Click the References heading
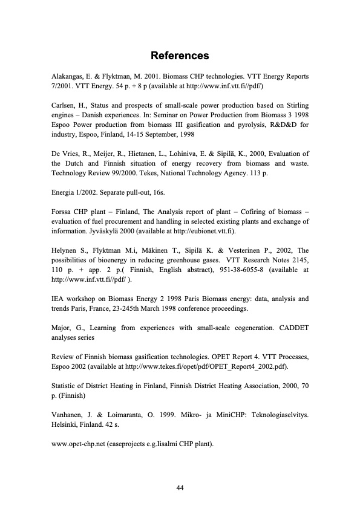pyautogui.click(x=180, y=56)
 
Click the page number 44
pyautogui.click(x=180, y=488)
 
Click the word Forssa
pyautogui.click(x=60, y=212)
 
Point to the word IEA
pyautogui.click(x=56, y=299)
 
